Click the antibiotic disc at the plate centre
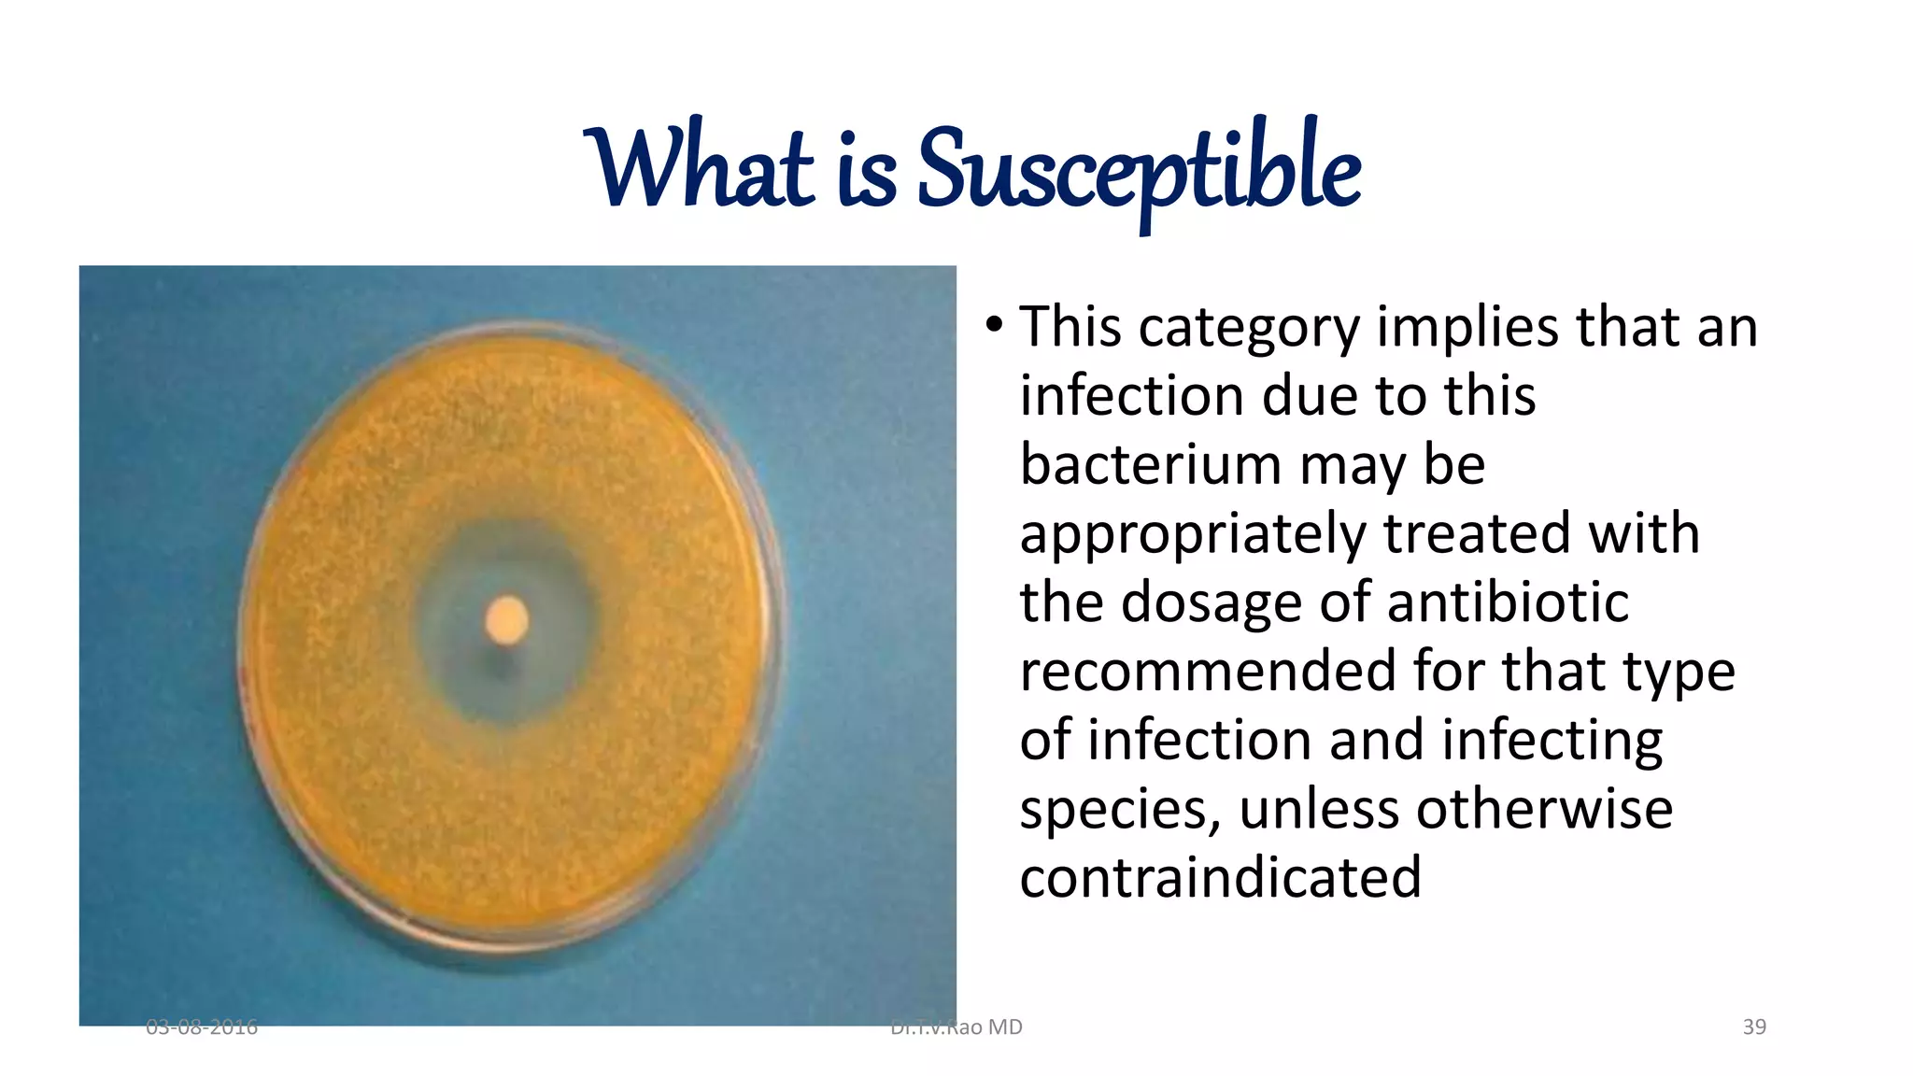pos(507,619)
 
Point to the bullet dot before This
pos(994,326)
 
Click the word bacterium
pos(1150,464)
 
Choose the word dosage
pos(1211,602)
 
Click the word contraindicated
pos(1220,877)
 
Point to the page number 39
pos(1754,1026)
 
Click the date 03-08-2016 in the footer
pos(202,1027)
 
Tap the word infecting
pos(1552,741)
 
